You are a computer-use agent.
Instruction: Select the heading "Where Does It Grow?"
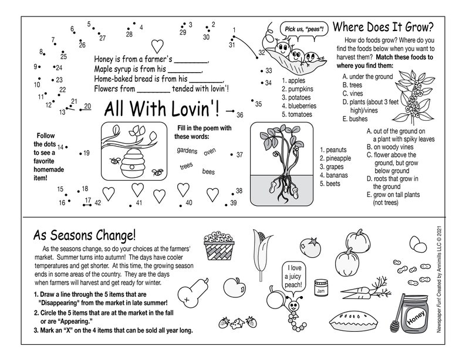point(383,27)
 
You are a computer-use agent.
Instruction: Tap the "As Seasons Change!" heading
point(85,236)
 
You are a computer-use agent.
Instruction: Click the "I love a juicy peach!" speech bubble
point(294,277)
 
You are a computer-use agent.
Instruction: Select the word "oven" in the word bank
point(210,152)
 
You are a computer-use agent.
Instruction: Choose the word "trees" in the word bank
point(186,167)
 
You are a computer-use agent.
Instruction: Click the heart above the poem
point(157,45)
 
